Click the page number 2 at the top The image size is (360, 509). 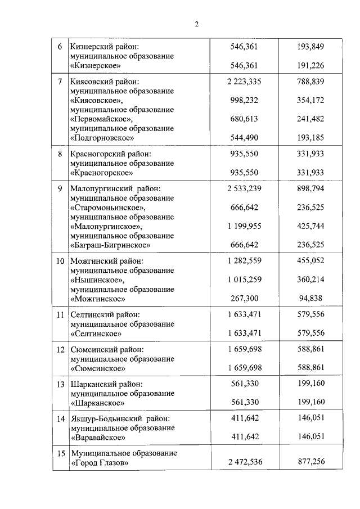(196, 24)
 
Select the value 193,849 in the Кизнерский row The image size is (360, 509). (310, 47)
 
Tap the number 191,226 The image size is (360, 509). (310, 65)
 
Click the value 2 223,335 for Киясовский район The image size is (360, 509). (244, 82)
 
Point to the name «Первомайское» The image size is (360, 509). (101, 119)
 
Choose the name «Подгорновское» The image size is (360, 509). (102, 137)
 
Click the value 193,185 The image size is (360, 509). (310, 137)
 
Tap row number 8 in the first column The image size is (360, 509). (60, 154)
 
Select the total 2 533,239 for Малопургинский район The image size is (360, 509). (244, 189)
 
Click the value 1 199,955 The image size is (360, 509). (244, 226)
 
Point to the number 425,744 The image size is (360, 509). (310, 226)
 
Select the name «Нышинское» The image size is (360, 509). (97, 280)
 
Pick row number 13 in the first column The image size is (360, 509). (60, 385)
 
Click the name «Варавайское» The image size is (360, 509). (97, 437)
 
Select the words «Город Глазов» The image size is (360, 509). (100, 463)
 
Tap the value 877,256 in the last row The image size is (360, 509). (310, 462)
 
